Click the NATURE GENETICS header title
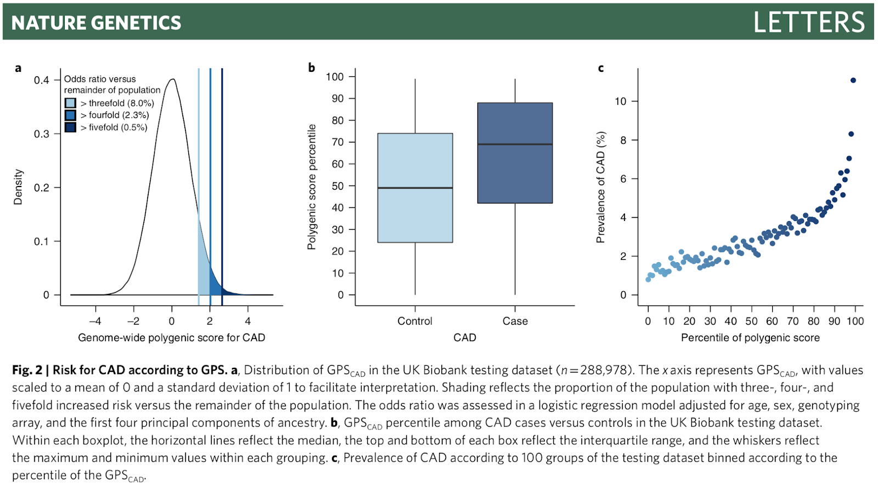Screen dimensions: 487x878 pos(96,22)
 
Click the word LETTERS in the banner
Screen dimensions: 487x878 pos(809,22)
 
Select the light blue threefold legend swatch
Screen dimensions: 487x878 pos(70,103)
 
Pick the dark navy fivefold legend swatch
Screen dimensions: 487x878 pos(70,127)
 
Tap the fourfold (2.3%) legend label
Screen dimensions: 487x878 pos(115,115)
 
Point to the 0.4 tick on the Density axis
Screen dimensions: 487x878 pos(42,80)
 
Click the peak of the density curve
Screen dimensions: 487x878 pos(173,80)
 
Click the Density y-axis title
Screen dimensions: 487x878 pos(18,187)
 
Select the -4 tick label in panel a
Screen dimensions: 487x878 pos(95,321)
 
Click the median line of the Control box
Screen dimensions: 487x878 pos(415,188)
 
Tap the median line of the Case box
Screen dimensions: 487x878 pos(515,144)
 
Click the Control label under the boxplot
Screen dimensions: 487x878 pos(415,321)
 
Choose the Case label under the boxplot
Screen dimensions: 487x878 pos(515,321)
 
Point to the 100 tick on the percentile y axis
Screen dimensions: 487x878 pos(335,77)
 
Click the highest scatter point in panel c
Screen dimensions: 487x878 pos(853,81)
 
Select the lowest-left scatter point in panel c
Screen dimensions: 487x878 pos(648,280)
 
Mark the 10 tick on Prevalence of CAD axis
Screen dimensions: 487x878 pos(620,101)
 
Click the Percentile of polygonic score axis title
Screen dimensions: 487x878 pos(750,338)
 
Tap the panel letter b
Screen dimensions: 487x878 pos(312,67)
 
